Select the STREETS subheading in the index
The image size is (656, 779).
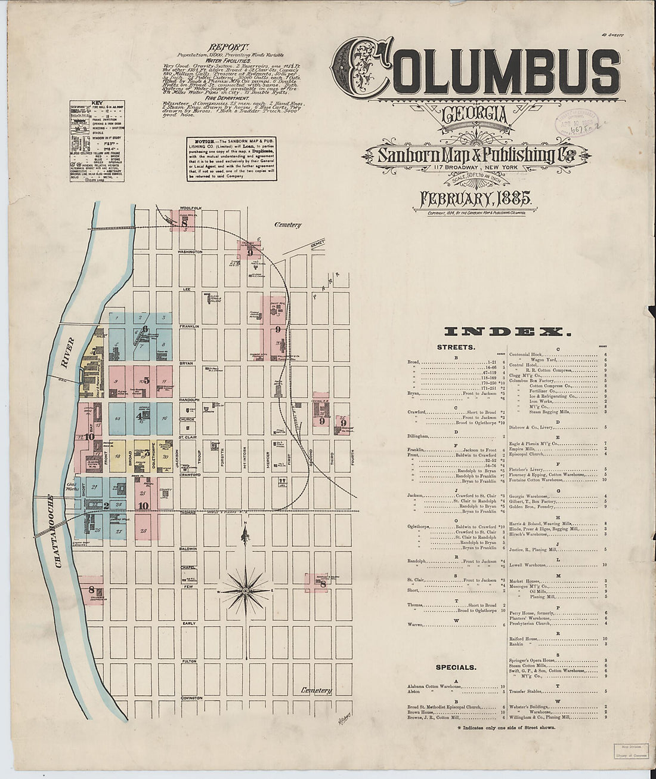456,347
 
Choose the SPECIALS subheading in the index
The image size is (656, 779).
456,667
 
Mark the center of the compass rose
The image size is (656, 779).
245,591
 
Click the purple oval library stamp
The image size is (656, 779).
575,122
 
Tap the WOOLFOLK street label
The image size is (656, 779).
192,208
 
